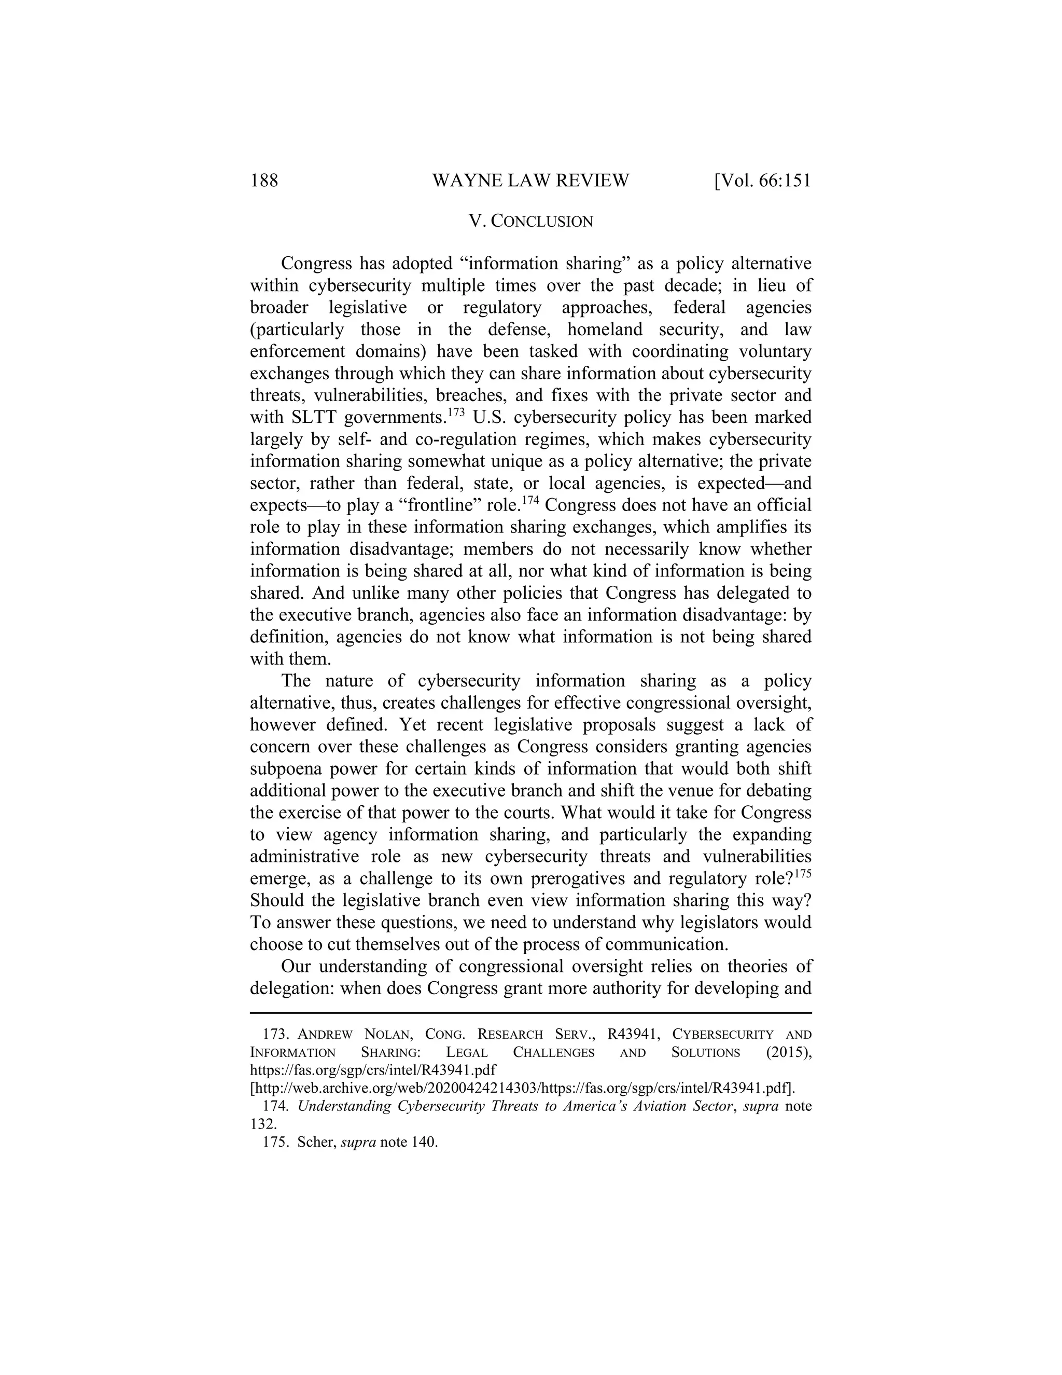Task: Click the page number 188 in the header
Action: coord(264,181)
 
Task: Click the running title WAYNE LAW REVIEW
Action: coord(530,181)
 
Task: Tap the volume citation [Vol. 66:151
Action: coord(762,181)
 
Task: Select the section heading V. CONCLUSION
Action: coord(530,222)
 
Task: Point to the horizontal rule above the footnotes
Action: coord(530,1013)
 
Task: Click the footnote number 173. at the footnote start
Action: coord(275,1035)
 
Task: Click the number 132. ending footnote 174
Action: coord(263,1124)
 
